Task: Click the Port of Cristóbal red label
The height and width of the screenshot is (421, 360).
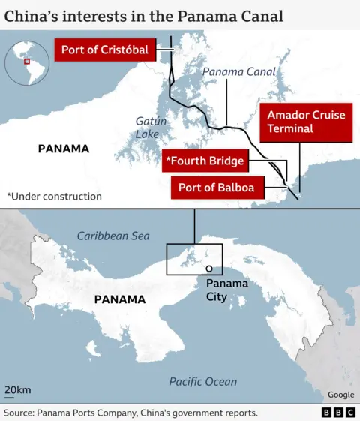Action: pyautogui.click(x=105, y=51)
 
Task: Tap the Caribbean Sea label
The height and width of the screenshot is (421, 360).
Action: pyautogui.click(x=113, y=236)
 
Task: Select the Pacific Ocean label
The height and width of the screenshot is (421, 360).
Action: pyautogui.click(x=202, y=381)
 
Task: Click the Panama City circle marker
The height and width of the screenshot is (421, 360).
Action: pyautogui.click(x=209, y=269)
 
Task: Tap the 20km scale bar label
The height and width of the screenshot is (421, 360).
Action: pyautogui.click(x=17, y=390)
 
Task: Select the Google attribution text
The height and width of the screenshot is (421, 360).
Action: pyautogui.click(x=340, y=395)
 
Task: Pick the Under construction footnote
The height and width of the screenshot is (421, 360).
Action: pyautogui.click(x=54, y=196)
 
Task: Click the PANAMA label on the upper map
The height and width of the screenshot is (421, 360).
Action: pyautogui.click(x=63, y=149)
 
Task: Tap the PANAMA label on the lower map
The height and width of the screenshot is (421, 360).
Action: pyautogui.click(x=119, y=299)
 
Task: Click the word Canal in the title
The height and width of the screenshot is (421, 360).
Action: pyautogui.click(x=256, y=14)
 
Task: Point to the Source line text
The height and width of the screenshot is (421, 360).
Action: pyautogui.click(x=131, y=413)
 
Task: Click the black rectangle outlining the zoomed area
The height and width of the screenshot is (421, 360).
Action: pyautogui.click(x=166, y=260)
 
